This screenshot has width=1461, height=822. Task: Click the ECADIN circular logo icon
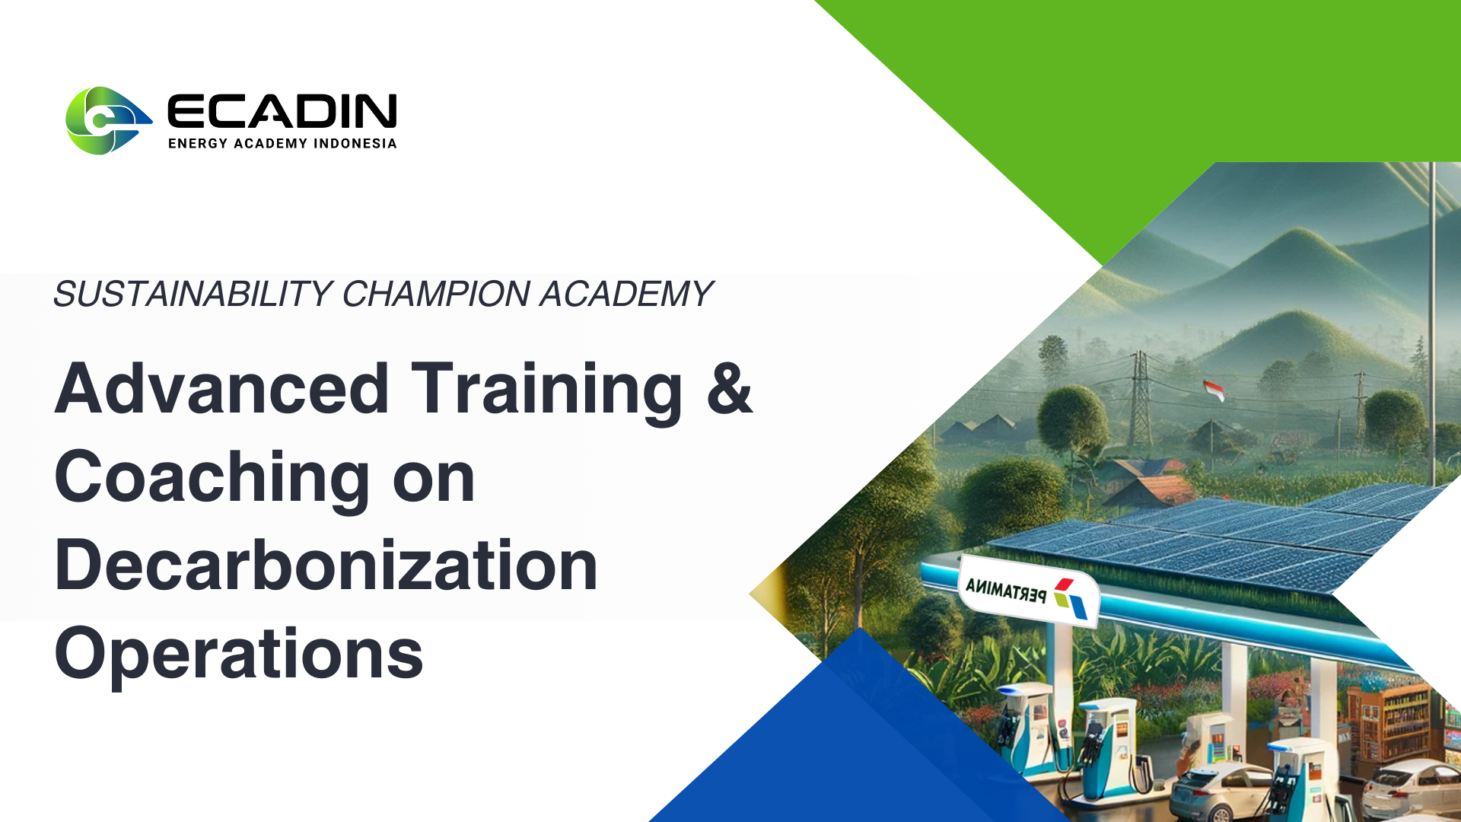pyautogui.click(x=107, y=120)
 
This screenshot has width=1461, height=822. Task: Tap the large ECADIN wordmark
pyautogui.click(x=282, y=111)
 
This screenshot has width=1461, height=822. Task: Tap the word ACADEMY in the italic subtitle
pyautogui.click(x=626, y=294)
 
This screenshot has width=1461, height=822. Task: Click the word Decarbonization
pyautogui.click(x=326, y=565)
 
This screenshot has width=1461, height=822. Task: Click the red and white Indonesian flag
pyautogui.click(x=1214, y=390)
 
